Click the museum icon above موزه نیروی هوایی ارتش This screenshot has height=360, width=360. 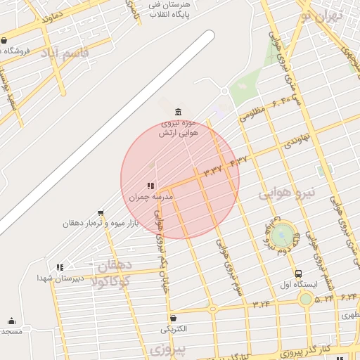pyautogui.click(x=177, y=112)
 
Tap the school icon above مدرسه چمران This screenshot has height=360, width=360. pyautogui.click(x=150, y=186)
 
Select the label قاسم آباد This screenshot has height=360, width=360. pyautogui.click(x=65, y=53)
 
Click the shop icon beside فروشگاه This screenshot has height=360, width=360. pyautogui.click(x=5, y=40)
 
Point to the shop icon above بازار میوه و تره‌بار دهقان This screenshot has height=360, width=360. pyautogui.click(x=101, y=213)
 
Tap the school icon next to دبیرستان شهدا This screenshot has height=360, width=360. pyautogui.click(x=60, y=267)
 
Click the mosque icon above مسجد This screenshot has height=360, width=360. pyautogui.click(x=11, y=321)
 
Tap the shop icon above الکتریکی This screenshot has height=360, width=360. pyautogui.click(x=173, y=318)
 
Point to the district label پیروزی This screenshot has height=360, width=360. pyautogui.click(x=167, y=349)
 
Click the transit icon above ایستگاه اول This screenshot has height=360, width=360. pyautogui.click(x=299, y=274)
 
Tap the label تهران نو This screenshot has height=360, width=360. pyautogui.click(x=320, y=15)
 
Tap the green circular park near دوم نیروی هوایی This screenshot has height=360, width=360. pyautogui.click(x=283, y=234)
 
